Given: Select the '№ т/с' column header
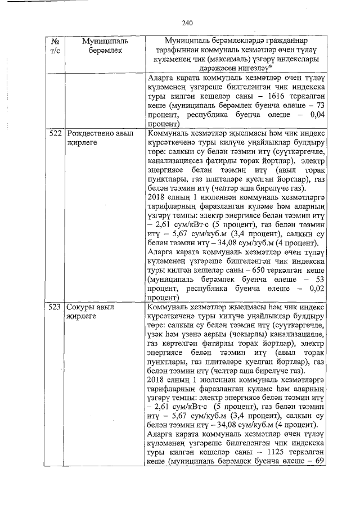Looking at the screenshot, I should click(x=55, y=46).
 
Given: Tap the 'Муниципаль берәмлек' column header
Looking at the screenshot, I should click(x=105, y=46).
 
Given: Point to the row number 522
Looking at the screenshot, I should click(x=55, y=134).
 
